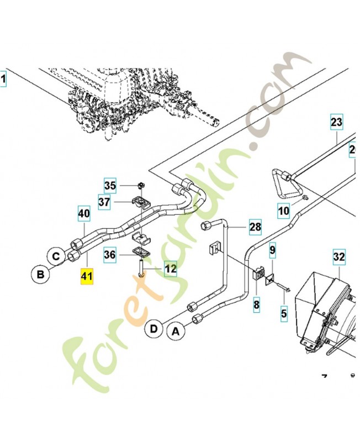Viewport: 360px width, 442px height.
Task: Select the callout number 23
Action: click(x=336, y=122)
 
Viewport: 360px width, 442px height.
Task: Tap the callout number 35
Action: click(x=111, y=185)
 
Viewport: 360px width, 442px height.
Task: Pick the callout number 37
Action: click(x=105, y=203)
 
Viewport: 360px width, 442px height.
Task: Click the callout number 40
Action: click(x=84, y=213)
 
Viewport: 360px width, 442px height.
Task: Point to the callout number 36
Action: click(x=110, y=255)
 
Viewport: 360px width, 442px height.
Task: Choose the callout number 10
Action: click(x=283, y=210)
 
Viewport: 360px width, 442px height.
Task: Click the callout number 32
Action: click(x=338, y=257)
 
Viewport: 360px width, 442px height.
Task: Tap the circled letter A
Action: click(x=176, y=332)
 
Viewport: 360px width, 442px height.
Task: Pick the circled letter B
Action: click(x=40, y=273)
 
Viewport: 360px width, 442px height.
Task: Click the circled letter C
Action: click(x=56, y=256)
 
